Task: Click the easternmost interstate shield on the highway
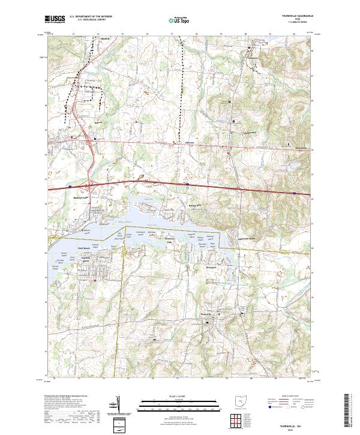pyautogui.click(x=294, y=193)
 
